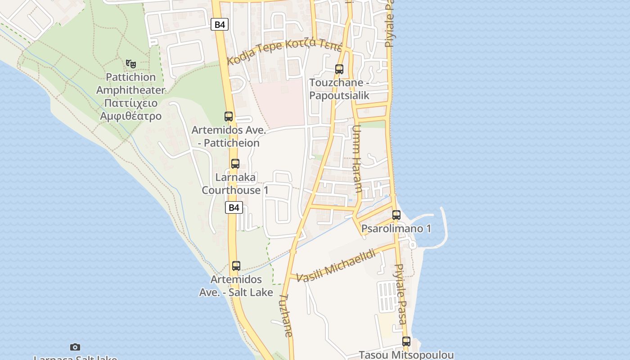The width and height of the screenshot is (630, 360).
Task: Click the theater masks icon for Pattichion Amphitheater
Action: [x=131, y=64]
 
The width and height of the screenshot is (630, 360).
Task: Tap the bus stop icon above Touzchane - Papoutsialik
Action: [x=339, y=69]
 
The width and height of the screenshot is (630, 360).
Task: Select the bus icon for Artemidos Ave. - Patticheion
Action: [x=229, y=117]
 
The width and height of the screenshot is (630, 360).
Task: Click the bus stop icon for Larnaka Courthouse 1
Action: [x=235, y=164]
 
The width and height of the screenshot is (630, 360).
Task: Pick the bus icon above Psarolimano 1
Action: [x=396, y=215]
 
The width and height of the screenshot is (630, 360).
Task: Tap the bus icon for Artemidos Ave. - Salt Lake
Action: [x=236, y=266]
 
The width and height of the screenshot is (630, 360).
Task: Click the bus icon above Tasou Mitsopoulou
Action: [x=406, y=342]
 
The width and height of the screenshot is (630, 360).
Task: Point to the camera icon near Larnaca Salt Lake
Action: [x=75, y=347]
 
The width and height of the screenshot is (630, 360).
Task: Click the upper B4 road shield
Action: [x=220, y=24]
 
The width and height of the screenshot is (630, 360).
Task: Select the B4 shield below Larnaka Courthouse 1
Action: [x=234, y=207]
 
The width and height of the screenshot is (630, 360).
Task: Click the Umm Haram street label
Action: [x=357, y=159]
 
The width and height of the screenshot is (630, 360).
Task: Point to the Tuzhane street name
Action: [x=286, y=315]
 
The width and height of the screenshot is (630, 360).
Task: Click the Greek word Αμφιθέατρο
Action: [x=131, y=116]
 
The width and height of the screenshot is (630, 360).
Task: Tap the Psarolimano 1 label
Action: [x=396, y=229]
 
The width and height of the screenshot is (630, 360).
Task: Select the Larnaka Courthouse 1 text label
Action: [x=235, y=184]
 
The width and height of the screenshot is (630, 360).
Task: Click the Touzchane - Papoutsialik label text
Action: [x=339, y=89]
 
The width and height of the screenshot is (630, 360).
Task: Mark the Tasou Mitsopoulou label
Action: [x=406, y=355]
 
